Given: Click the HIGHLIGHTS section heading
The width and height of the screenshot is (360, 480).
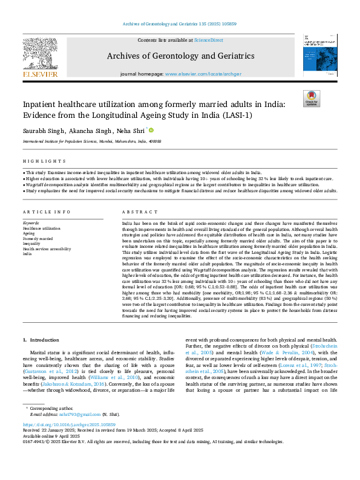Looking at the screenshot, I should pyautogui.click(x=44, y=161).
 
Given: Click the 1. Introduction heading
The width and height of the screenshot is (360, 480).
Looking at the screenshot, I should pyautogui.click(x=43, y=341).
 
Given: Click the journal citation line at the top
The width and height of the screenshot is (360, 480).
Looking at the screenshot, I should pyautogui.click(x=180, y=24).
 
